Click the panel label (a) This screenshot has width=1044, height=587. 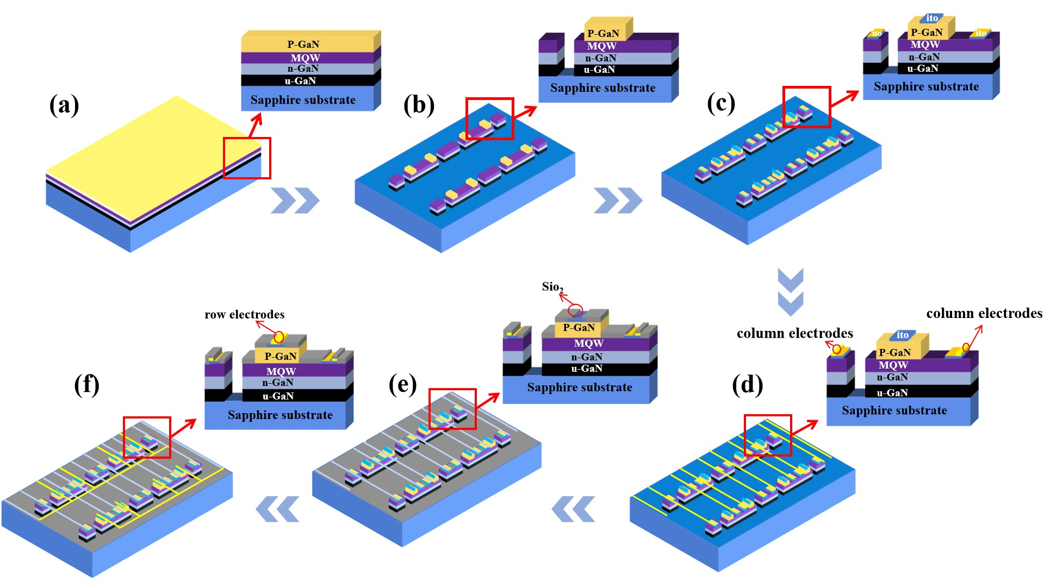pos(64,105)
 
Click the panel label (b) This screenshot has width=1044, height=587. pos(419,105)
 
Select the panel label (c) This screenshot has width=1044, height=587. pos(721,103)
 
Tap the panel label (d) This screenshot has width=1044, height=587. pos(748,385)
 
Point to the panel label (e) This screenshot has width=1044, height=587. pos(402,385)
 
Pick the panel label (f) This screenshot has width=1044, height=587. pos(87,385)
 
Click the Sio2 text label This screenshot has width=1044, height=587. pos(552,287)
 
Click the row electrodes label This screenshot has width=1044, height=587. pos(245,314)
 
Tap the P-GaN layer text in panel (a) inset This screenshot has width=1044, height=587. pos(303,44)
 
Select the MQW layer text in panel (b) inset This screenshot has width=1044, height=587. pos(601,46)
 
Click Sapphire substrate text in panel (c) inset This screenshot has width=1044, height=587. pos(926,86)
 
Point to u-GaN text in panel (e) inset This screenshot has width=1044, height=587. pos(587,369)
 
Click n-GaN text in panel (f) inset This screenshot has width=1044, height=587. pos(278,383)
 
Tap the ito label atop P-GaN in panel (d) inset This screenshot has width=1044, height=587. pos(903,335)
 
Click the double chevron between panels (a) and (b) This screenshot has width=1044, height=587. pos(295,201)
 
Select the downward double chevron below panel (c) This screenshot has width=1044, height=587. pos(791,292)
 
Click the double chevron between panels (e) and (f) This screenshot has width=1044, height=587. pos(277,509)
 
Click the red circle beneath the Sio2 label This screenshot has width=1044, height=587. pos(575,311)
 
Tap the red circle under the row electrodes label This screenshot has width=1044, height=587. pos(279,338)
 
